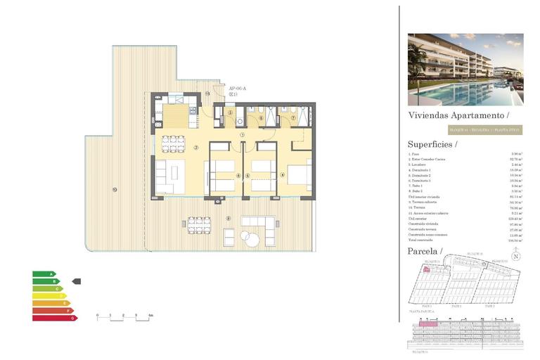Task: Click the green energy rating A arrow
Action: click(x=44, y=274)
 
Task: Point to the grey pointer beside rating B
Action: click(x=77, y=281)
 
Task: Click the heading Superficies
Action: click(x=432, y=144)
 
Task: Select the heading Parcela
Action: click(x=425, y=251)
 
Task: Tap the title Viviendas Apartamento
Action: click(x=458, y=115)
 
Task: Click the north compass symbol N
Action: click(x=516, y=257)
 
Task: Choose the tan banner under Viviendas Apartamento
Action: click(x=482, y=130)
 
